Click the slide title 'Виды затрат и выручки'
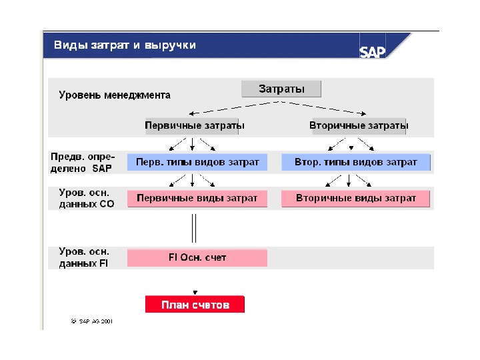125,45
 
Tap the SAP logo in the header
372,52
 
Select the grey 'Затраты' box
281,89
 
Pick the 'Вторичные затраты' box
359,125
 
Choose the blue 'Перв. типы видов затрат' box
197,162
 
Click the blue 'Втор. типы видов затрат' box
356,162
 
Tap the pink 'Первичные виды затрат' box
197,198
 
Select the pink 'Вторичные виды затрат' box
356,198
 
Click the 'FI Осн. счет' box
197,257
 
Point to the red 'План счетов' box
195,305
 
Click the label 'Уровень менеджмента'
115,95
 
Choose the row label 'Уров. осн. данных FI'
84,257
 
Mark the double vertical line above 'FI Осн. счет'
194,227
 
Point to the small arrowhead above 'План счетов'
195,292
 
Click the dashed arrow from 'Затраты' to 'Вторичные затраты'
327,107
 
